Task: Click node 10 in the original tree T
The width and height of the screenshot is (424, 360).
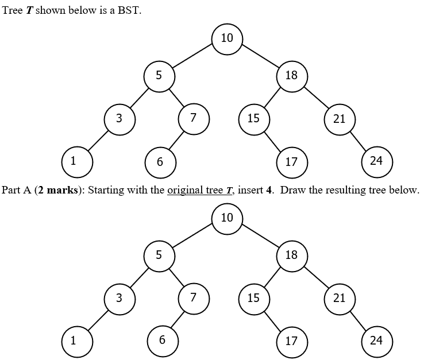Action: (227, 38)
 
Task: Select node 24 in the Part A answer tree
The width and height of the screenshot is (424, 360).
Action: (376, 340)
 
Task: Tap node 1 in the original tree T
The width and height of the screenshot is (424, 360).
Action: (73, 161)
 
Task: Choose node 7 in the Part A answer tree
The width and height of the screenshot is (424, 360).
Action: (194, 297)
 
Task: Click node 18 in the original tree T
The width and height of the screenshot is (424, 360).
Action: (291, 76)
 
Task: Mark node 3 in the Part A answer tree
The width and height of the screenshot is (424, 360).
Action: (119, 298)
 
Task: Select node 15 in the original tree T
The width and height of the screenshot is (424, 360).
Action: (253, 119)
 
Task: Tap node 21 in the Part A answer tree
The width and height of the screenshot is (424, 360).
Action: (340, 298)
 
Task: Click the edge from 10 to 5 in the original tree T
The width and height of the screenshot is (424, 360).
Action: (192, 57)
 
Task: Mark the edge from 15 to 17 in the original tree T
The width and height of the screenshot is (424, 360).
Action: (272, 140)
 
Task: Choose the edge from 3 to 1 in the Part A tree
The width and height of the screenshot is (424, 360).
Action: (96, 319)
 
